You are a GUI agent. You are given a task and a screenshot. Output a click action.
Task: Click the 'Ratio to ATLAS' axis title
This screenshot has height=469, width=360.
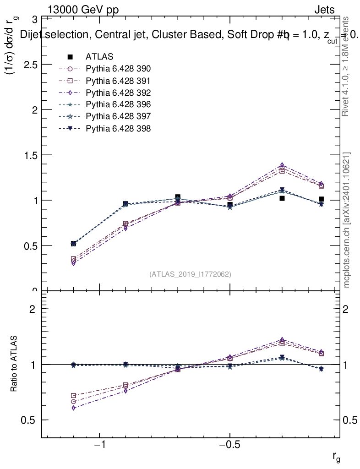(x=15, y=364)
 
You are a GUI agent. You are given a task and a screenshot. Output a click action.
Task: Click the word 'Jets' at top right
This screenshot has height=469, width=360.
(x=324, y=10)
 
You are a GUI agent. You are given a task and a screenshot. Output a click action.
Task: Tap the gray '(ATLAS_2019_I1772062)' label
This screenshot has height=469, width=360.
(x=190, y=274)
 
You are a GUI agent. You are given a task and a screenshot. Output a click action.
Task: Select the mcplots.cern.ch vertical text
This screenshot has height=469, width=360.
(x=347, y=220)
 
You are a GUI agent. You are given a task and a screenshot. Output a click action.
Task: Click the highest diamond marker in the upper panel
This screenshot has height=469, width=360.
(x=282, y=165)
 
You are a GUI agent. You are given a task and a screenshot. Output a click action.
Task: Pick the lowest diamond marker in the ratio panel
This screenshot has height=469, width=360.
(x=73, y=408)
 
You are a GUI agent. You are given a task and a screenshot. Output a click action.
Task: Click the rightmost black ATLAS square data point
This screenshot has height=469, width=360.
(x=322, y=199)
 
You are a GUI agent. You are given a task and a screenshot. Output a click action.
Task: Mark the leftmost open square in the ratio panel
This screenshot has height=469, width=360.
(x=73, y=395)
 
